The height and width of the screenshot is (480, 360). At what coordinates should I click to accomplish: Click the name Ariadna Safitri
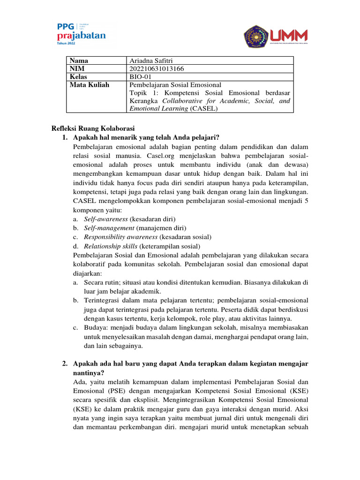click(152, 60)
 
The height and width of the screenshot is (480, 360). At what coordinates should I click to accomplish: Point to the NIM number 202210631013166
click(157, 69)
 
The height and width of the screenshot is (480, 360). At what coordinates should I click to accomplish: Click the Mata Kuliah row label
click(89, 85)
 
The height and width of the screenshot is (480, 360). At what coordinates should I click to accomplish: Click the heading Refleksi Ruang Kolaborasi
click(92, 129)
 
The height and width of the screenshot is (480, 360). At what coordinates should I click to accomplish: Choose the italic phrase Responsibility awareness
click(120, 237)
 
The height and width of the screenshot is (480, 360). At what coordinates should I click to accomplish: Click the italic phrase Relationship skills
click(111, 246)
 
